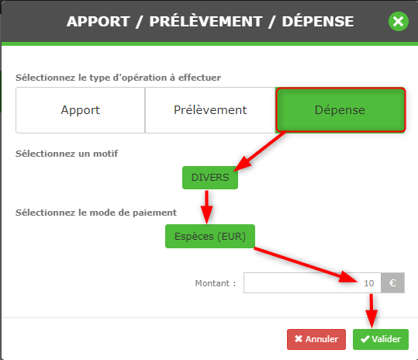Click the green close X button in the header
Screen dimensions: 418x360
click(399, 21)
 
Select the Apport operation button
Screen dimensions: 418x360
click(80, 110)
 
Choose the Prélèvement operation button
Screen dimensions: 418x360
click(210, 110)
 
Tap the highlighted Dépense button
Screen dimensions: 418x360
click(340, 110)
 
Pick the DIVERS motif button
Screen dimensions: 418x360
click(210, 178)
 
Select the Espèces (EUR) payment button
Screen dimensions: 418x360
click(210, 237)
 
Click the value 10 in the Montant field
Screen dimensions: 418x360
click(369, 283)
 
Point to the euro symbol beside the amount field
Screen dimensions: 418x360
click(392, 282)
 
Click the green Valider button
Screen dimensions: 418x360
click(381, 339)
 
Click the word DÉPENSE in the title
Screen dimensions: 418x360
click(318, 21)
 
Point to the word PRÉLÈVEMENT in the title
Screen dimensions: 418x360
click(206, 21)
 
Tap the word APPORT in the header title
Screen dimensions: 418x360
click(98, 21)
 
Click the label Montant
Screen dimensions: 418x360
click(212, 283)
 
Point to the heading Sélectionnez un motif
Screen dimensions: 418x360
click(67, 154)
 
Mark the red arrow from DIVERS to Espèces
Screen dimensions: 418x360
click(206, 207)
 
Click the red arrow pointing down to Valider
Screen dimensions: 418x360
click(371, 311)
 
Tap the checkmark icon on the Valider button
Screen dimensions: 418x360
click(365, 339)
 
